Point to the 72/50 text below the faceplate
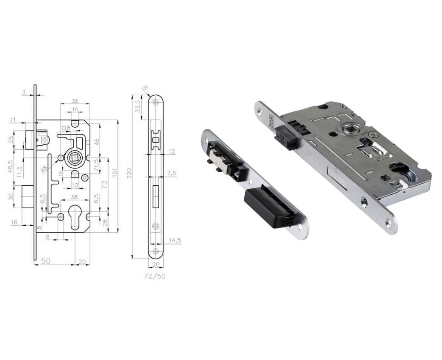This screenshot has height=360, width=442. pos(155,276)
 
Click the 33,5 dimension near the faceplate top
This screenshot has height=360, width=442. pos(138,106)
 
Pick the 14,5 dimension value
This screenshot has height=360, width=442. pos(175,241)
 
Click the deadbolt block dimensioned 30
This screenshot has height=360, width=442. pos(27,196)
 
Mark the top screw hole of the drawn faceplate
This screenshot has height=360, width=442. pos(156,102)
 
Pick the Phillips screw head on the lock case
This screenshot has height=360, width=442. pos(374,135)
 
